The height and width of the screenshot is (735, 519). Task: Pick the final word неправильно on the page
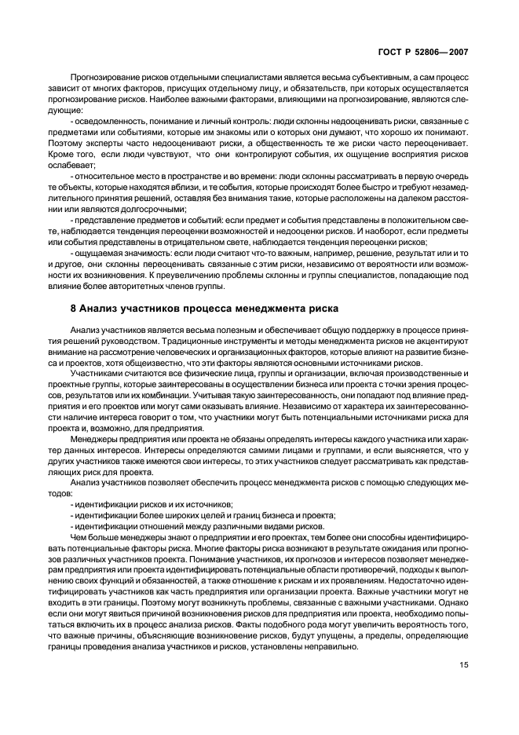point(334,646)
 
